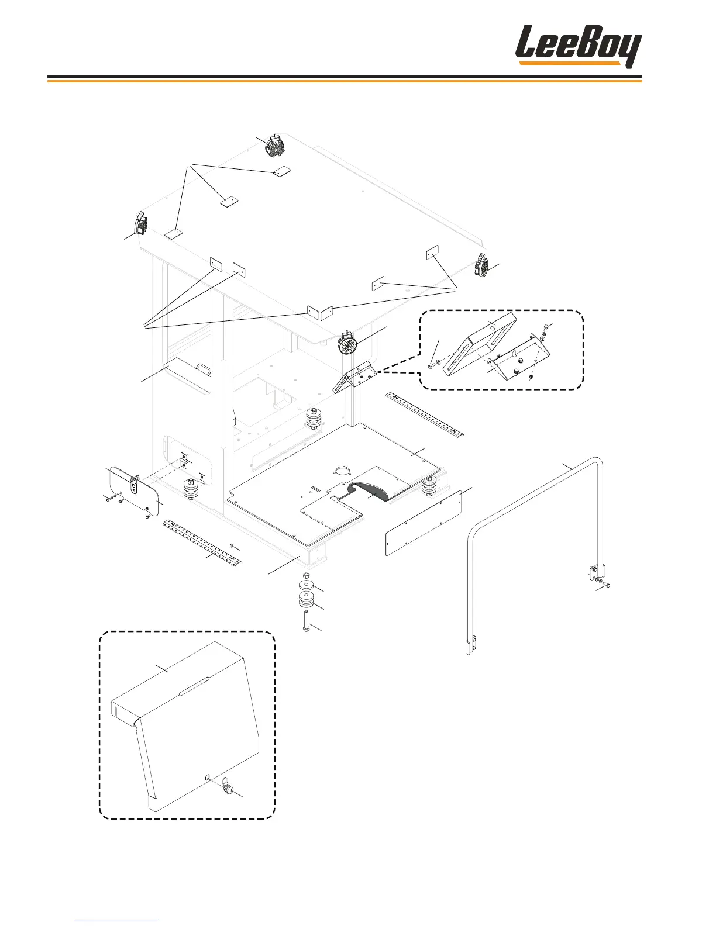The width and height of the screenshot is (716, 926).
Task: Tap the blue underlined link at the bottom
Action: click(116, 921)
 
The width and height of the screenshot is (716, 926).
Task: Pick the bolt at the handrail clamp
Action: click(607, 585)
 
